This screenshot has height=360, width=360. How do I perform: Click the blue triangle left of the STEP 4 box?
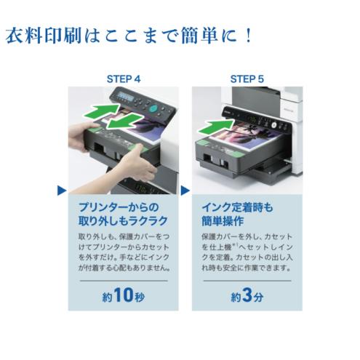pyautogui.click(x=62, y=191)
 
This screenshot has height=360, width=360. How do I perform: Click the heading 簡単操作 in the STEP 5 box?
pyautogui.click(x=221, y=220)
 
